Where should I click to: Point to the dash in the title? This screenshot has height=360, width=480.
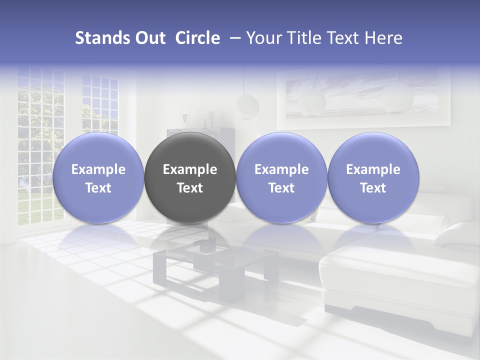click(233, 38)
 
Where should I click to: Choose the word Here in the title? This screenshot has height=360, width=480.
click(383, 38)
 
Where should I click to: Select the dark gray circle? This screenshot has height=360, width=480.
click(190, 178)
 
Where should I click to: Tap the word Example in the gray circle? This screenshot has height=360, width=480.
click(190, 169)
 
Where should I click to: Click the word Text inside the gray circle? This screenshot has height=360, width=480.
click(190, 188)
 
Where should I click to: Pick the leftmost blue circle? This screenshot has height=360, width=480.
click(98, 178)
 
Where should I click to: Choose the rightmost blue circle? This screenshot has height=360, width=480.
click(373, 178)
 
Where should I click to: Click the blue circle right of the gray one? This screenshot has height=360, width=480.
click(281, 178)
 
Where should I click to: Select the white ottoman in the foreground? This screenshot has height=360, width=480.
click(395, 280)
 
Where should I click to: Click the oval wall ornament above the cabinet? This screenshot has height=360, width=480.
click(184, 112)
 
